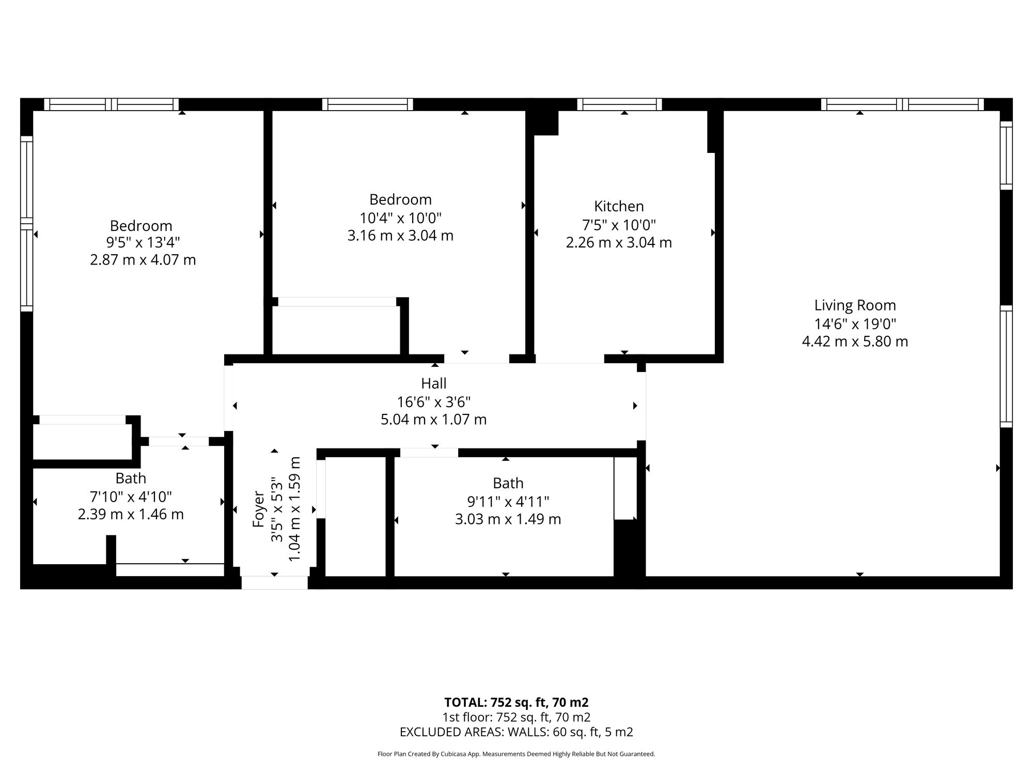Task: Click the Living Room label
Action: pos(855,305)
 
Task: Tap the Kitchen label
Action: pos(619,206)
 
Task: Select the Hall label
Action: pos(434,383)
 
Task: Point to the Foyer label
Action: pos(258,509)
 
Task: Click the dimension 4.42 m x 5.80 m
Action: pos(855,342)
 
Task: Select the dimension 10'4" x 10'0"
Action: pos(401,218)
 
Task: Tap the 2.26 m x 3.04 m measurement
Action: pos(619,242)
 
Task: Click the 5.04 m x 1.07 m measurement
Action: pos(434,420)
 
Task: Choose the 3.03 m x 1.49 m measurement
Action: pos(508,519)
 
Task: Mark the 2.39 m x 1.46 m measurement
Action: pos(131,515)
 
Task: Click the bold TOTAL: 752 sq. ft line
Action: pos(516,703)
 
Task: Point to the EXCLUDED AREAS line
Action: pos(516,732)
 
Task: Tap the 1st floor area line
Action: pos(516,717)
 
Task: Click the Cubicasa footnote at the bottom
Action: pos(516,754)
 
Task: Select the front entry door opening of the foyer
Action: pos(275,583)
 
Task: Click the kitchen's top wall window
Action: pos(619,104)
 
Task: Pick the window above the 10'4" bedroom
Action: pos(368,104)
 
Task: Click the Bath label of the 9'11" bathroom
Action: pos(508,483)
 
